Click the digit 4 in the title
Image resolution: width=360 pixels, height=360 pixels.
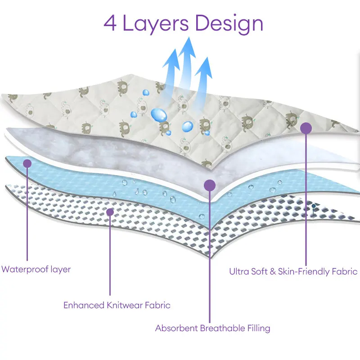(x=111, y=24)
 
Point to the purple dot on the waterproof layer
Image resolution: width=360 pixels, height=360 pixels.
(x=27, y=163)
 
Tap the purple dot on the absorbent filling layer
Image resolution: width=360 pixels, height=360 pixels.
(x=209, y=184)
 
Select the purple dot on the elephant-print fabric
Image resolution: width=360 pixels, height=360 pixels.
(x=306, y=129)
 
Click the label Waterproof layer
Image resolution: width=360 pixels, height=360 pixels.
(x=36, y=270)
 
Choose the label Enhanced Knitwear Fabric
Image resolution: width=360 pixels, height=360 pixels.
(x=117, y=305)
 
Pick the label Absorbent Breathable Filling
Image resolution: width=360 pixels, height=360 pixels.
(x=212, y=328)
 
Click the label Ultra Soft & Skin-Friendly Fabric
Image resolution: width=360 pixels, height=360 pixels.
(x=293, y=271)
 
